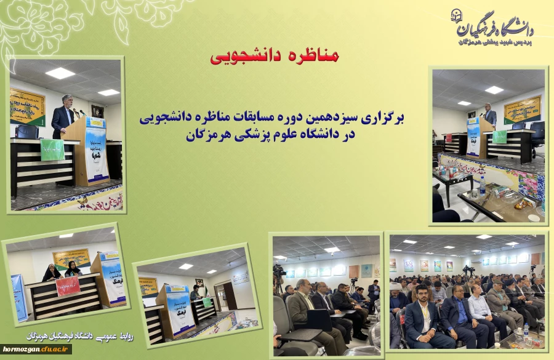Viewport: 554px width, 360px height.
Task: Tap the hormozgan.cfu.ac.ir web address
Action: [36, 349]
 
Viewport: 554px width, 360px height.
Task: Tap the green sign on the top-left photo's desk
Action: [52, 149]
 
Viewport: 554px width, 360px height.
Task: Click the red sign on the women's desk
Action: [68, 286]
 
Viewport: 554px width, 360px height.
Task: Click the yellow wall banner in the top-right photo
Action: [522, 110]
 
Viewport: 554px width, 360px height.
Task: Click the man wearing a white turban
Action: [396, 290]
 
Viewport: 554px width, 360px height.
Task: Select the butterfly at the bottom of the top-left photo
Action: [82, 201]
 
